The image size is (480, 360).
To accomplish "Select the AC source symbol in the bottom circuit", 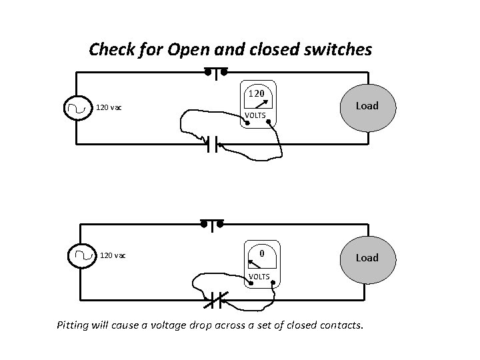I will (x=83, y=255).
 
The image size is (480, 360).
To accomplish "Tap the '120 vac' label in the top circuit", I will (x=109, y=107).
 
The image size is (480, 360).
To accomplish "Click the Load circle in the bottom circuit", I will (x=366, y=257).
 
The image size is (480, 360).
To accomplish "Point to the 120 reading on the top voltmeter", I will (x=257, y=93).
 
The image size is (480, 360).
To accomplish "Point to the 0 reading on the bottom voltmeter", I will (x=263, y=253).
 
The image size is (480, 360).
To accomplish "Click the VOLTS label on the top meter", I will (x=255, y=116).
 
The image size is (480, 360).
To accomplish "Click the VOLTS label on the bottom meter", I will (x=259, y=276).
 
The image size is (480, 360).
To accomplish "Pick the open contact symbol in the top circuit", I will (x=213, y=144).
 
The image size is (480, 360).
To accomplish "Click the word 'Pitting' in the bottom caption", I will (x=76, y=326).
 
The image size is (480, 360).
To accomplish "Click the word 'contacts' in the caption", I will (x=339, y=326).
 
